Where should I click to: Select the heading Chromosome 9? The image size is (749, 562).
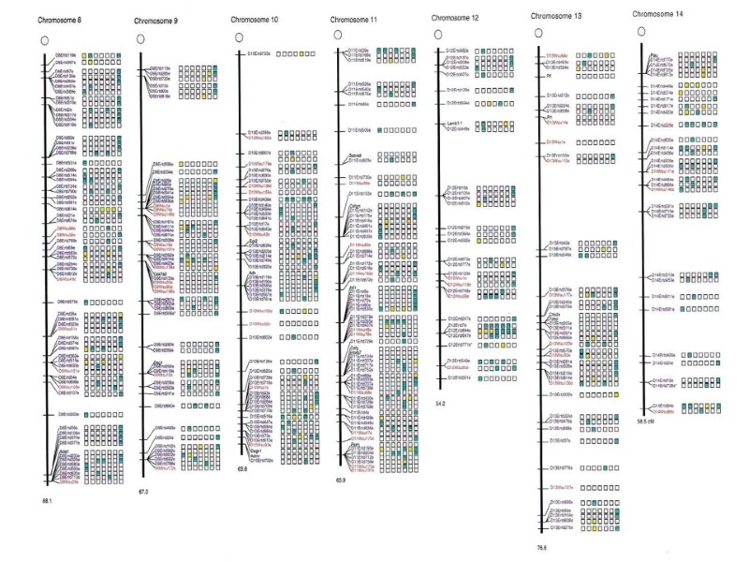point(154,19)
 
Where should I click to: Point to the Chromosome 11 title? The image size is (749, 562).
point(355,18)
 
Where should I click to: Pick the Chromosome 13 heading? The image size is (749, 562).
point(555,16)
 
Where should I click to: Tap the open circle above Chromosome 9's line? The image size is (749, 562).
point(140,38)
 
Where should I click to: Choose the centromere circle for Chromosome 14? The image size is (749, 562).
point(641,31)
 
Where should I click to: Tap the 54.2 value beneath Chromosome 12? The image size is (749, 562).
point(441,403)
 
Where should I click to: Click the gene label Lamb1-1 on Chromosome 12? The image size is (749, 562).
point(456,123)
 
